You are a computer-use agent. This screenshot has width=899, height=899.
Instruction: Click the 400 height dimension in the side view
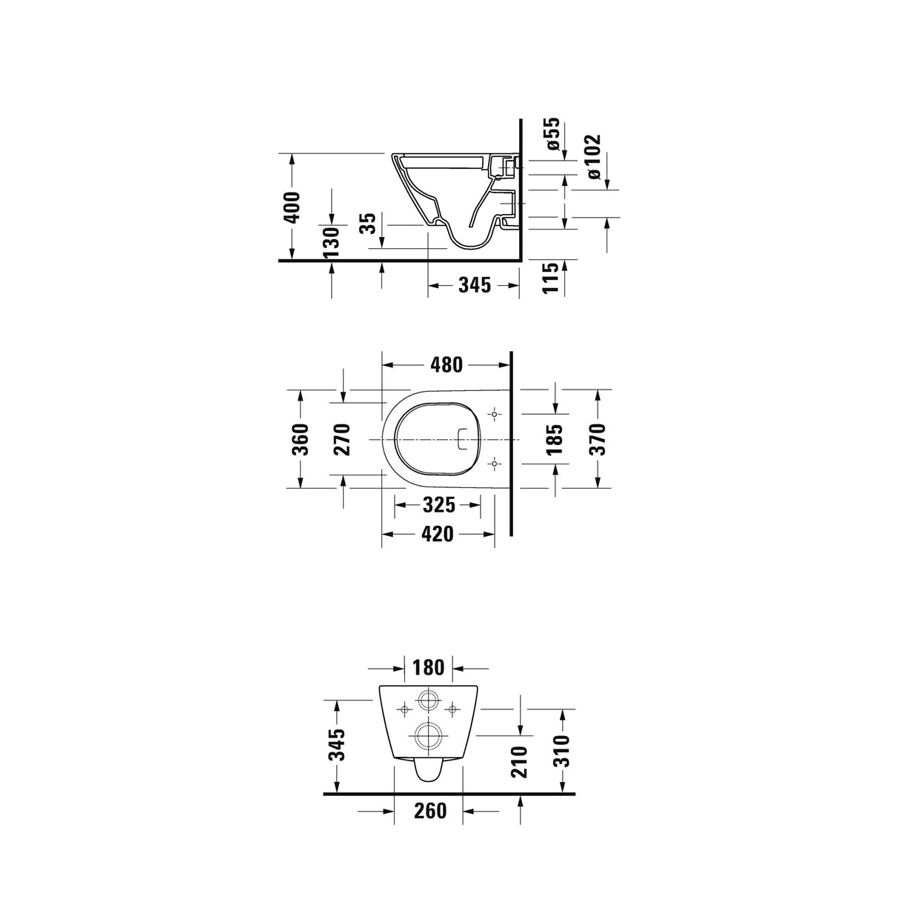click(293, 207)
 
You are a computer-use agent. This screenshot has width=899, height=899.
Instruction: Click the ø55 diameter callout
click(552, 134)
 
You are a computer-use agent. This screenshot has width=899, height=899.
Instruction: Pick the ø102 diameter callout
click(593, 157)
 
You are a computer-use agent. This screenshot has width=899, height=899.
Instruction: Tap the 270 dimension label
click(343, 439)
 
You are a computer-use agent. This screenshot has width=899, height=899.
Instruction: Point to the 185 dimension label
click(555, 438)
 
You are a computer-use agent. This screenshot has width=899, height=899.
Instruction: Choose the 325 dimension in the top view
click(438, 505)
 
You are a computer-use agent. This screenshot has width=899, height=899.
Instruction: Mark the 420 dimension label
click(438, 533)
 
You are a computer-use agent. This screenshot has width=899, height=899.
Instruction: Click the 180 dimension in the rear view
click(429, 667)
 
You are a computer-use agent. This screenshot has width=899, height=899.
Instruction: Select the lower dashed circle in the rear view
click(428, 735)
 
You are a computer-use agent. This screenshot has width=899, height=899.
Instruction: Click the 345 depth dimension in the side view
click(474, 284)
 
